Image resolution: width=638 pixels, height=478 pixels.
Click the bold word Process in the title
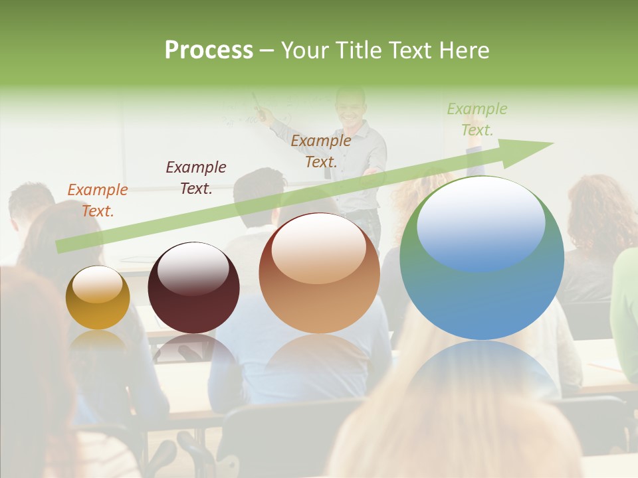pyautogui.click(x=209, y=50)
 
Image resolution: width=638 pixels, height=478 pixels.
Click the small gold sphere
pyautogui.click(x=98, y=297)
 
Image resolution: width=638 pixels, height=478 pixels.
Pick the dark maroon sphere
pyautogui.click(x=193, y=287)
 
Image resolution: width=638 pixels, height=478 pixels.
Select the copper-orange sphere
pyautogui.click(x=319, y=273)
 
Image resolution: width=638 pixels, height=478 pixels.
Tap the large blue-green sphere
pyautogui.click(x=482, y=258)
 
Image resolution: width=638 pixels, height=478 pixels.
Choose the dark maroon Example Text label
pyautogui.click(x=196, y=177)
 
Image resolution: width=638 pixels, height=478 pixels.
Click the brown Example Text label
pyautogui.click(x=321, y=151)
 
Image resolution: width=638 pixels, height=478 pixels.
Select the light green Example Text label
pyautogui.click(x=477, y=119)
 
